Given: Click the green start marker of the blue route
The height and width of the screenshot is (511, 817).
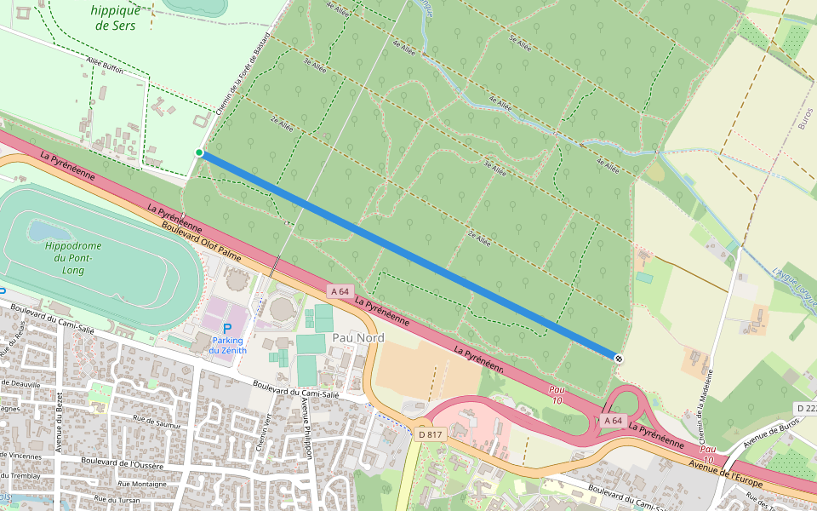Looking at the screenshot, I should pyautogui.click(x=199, y=153).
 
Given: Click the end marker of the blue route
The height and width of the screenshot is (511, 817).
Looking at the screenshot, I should pyautogui.click(x=618, y=359).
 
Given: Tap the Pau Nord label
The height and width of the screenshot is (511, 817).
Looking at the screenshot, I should pyautogui.click(x=358, y=338).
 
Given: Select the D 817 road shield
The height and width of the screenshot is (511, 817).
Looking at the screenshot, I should pyautogui.click(x=431, y=434).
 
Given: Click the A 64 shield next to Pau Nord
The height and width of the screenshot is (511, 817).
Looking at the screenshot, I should pyautogui.click(x=338, y=291).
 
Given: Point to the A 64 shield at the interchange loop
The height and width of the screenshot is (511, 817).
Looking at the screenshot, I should pyautogui.click(x=614, y=421).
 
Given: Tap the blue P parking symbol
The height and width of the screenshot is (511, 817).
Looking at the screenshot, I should pyautogui.click(x=226, y=329).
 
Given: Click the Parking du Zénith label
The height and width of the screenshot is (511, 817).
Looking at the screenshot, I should pyautogui.click(x=226, y=345).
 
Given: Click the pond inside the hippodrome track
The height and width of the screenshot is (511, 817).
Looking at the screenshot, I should pyautogui.click(x=47, y=232).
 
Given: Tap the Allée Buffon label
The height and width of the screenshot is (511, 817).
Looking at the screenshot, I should pyautogui.click(x=106, y=66).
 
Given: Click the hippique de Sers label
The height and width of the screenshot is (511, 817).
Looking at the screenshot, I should pyautogui.click(x=116, y=18).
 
